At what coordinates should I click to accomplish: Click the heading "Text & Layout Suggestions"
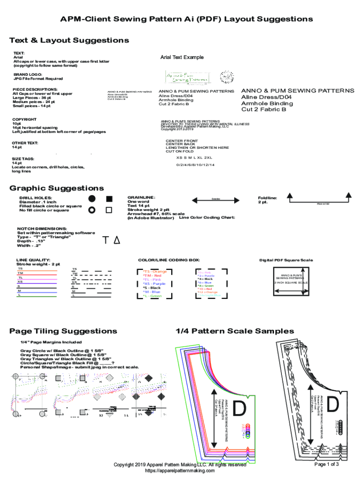pos(69,40)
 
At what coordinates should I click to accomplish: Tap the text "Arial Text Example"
pos(182,58)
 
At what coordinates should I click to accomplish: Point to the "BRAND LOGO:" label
pos(28,74)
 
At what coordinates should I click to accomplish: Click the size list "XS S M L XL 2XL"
pos(194,158)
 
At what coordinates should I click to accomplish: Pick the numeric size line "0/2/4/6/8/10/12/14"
pos(195,165)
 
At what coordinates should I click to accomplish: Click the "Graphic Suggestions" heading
pos(57,188)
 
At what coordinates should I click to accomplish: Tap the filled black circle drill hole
pos(92,199)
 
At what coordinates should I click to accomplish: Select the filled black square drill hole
pos(109,199)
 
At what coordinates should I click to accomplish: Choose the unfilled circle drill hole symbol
pos(92,210)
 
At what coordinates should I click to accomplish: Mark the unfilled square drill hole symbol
pos(109,210)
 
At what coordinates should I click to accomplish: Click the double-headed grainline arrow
pos(216,200)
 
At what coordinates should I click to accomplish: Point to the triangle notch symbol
pos(117,240)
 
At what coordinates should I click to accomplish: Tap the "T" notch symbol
pos(106,240)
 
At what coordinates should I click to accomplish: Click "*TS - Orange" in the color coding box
pos(155,272)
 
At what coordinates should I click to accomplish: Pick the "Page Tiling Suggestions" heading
pos(63,331)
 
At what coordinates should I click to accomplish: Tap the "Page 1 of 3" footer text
pos(326,464)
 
